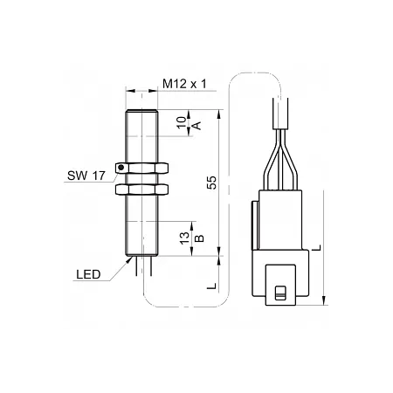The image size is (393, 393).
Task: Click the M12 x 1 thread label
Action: (x=184, y=84)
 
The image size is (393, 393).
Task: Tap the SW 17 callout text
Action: (x=86, y=176)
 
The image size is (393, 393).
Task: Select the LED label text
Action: (x=88, y=274)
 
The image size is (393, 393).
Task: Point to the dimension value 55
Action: (x=212, y=183)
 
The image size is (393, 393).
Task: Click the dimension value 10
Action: (x=182, y=122)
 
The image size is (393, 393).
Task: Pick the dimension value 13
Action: (x=184, y=238)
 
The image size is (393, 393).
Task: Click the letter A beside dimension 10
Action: (x=197, y=126)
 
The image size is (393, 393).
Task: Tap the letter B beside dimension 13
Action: (x=199, y=238)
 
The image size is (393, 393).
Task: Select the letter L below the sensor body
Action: (x=212, y=286)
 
